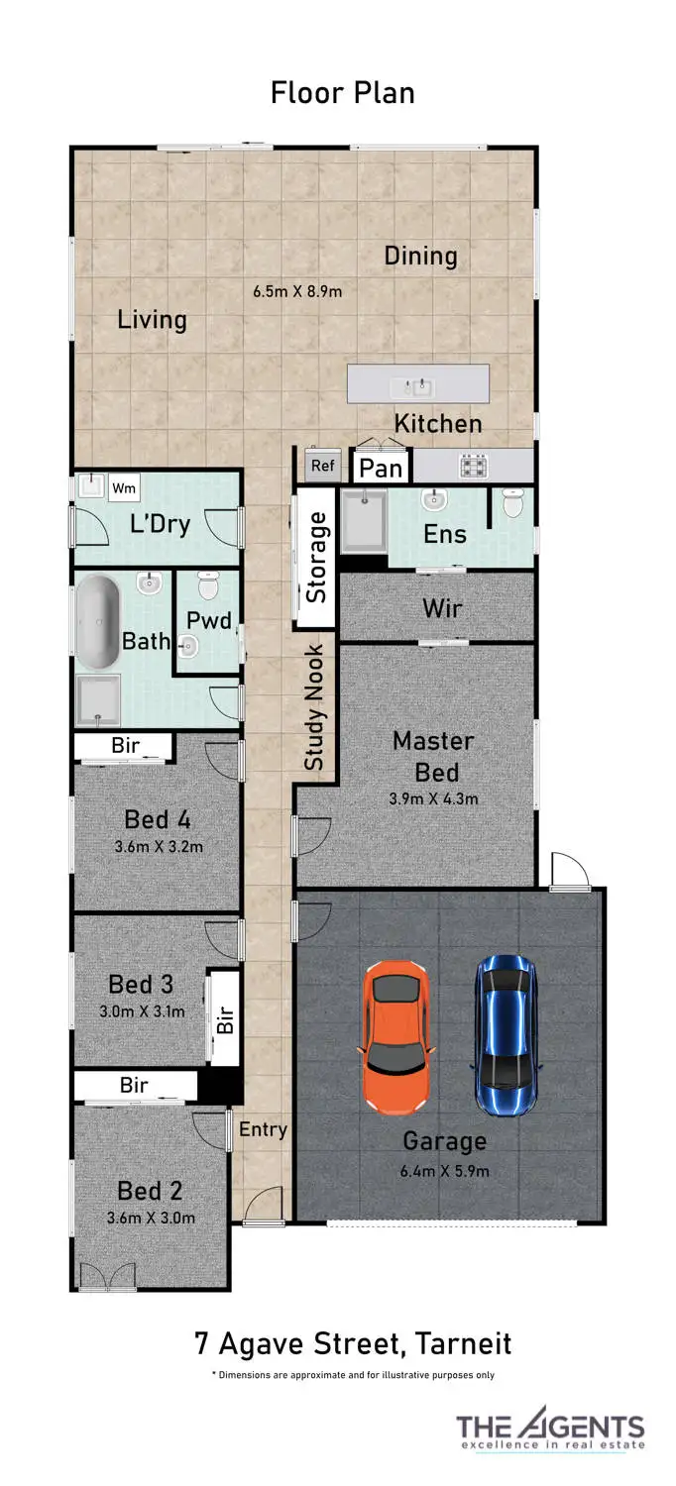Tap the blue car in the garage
(507, 1033)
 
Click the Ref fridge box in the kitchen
(322, 466)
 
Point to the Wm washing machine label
(124, 487)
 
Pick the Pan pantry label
(380, 468)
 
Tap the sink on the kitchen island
(417, 384)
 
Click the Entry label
(263, 1129)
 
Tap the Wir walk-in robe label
(441, 607)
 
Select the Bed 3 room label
(141, 984)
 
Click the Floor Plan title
(342, 93)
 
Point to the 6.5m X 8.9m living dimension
(297, 291)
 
